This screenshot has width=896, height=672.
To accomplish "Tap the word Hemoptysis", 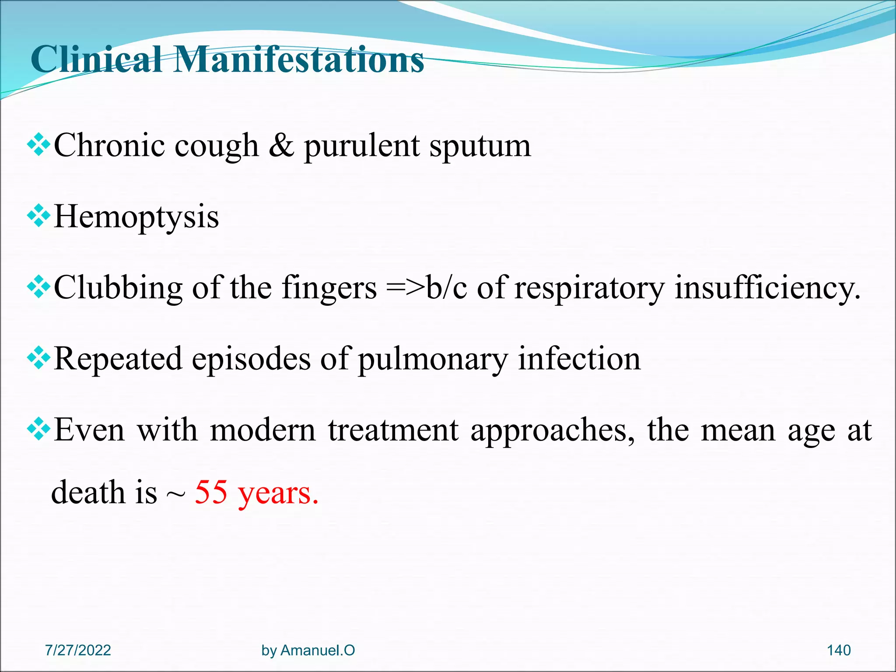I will pos(136,217).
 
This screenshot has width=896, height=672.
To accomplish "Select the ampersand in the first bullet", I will pos(281,145).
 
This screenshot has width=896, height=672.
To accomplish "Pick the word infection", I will pos(579,359).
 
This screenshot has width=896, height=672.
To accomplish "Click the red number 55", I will pos(211,493).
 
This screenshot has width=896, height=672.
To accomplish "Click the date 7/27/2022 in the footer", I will pos(78,651).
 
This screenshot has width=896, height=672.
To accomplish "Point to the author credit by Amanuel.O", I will pos(308,651).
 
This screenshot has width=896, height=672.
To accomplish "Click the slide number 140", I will pos(838,651).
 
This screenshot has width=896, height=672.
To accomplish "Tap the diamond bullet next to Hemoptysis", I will pos(39,216).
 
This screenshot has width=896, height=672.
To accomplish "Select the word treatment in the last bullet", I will pos(393,430).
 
